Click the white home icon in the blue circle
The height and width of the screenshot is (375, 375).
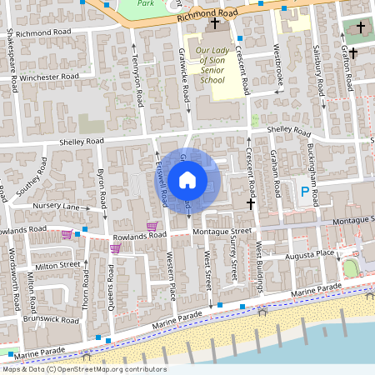click(187, 179)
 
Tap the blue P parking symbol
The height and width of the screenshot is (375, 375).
click(304, 192)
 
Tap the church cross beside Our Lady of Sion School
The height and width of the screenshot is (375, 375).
click(215, 24)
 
